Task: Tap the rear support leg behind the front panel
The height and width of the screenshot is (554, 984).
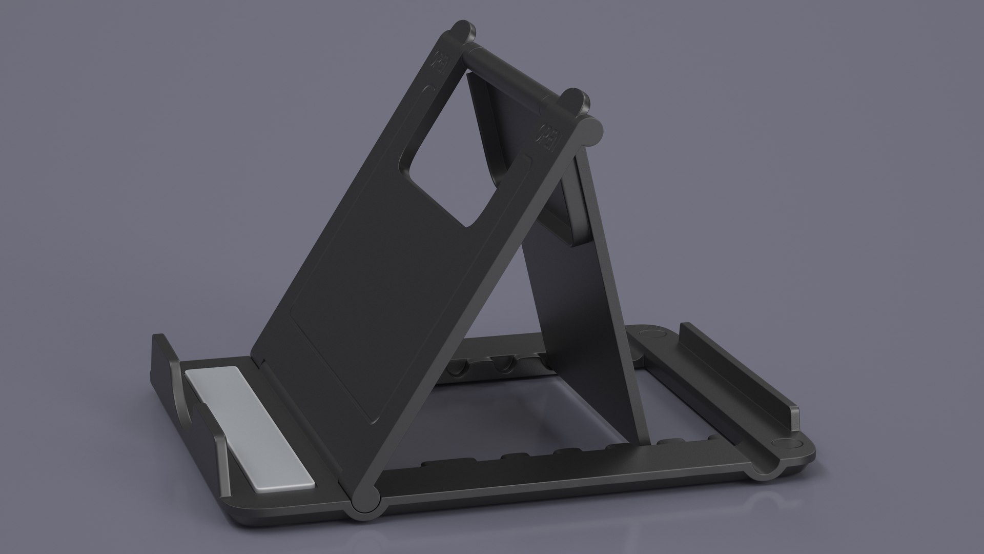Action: pos(605,308)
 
